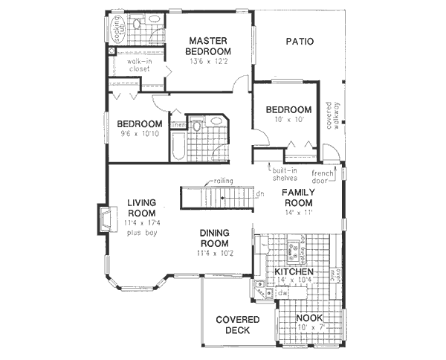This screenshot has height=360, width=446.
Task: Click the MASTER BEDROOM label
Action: coord(209,46)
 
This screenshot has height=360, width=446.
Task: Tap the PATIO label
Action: coord(300,41)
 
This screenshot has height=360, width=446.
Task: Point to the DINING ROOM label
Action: coord(214,238)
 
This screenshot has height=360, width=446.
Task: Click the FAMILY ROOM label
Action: coord(297,197)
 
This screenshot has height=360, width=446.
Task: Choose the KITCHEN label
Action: coord(294,272)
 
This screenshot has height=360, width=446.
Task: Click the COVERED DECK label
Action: coord(237,325)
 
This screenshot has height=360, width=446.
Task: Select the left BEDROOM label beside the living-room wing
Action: coord(140,123)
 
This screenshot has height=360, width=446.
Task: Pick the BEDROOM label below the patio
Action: coord(288,110)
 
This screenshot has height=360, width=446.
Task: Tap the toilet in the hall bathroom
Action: coord(195,127)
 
